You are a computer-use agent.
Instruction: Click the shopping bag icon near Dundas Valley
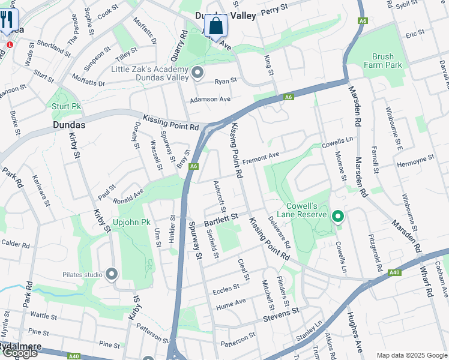pos(215,26)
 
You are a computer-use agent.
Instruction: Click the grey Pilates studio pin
pos(111,275)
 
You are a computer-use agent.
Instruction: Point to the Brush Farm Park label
pos(378,61)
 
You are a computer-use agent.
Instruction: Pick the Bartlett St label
pos(221,220)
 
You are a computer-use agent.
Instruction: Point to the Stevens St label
pos(282,312)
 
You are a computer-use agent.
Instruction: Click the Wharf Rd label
pos(427,282)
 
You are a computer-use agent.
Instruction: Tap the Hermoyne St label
pos(415,161)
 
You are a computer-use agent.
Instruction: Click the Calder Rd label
pos(15,244)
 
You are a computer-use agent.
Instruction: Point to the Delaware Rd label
pos(279,232)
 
